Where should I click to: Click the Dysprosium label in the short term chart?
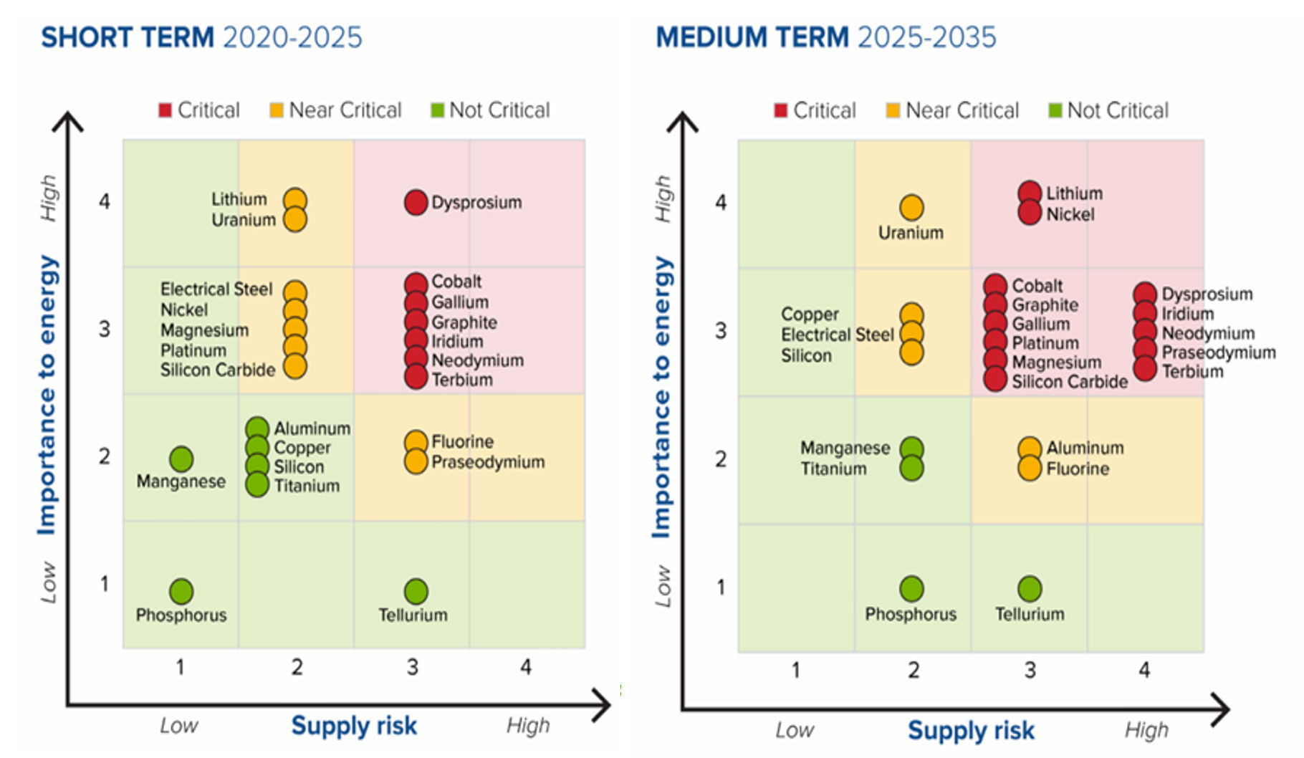(x=476, y=203)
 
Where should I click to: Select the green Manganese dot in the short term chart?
(x=181, y=459)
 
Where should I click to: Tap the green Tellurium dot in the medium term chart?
(x=1030, y=589)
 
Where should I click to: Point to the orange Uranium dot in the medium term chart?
(x=911, y=208)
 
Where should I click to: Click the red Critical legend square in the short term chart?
(x=165, y=110)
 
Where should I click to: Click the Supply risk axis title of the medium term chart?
(x=971, y=731)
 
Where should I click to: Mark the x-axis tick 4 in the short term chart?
(x=526, y=667)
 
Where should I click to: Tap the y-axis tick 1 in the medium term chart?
(x=721, y=587)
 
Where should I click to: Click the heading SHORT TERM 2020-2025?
(x=201, y=37)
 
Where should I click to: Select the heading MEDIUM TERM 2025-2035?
(x=826, y=37)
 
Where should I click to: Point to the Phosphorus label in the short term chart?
(x=181, y=615)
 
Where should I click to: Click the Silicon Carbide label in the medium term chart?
(x=1070, y=382)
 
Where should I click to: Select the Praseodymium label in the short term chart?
(x=488, y=462)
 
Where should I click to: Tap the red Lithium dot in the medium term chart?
(x=1030, y=193)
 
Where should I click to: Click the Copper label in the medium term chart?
(x=810, y=315)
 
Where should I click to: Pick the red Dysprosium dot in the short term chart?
(x=416, y=203)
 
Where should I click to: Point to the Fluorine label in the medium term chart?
(x=1078, y=469)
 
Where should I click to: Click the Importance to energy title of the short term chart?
(x=47, y=394)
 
